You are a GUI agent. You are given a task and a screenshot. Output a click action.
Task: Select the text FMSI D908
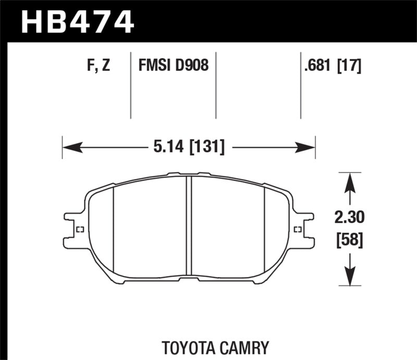click(173, 66)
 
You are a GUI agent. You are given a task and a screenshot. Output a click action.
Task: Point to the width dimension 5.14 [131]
click(189, 147)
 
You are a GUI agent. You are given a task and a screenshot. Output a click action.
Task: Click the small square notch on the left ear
click(80, 230)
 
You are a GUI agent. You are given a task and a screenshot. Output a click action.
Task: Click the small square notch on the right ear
click(298, 229)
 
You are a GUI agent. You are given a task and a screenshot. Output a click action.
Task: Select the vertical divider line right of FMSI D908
click(216, 86)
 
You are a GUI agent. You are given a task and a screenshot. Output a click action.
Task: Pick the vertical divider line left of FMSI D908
click(130, 86)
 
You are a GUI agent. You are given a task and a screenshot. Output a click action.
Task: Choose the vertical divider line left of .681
click(301, 86)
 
